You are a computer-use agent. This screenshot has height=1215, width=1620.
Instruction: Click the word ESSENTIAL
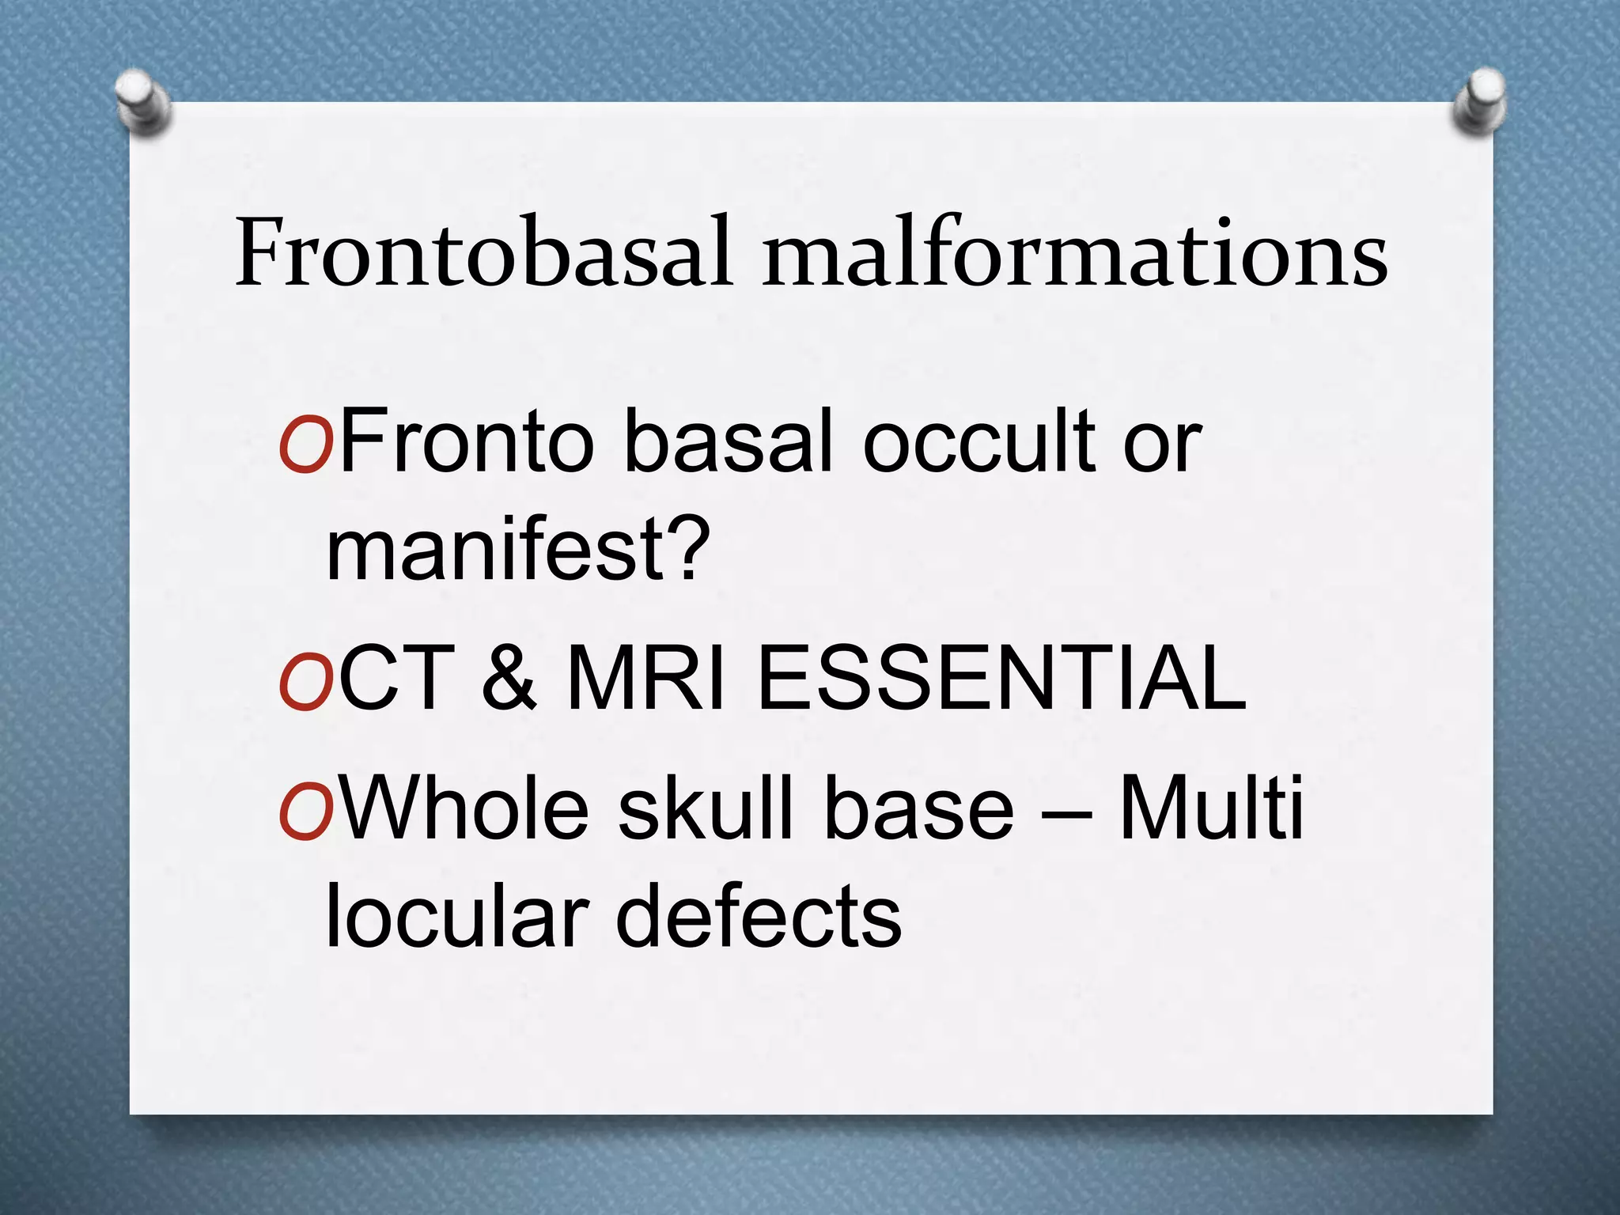[1001, 679]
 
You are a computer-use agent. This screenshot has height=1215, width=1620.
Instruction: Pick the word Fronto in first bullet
[467, 441]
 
